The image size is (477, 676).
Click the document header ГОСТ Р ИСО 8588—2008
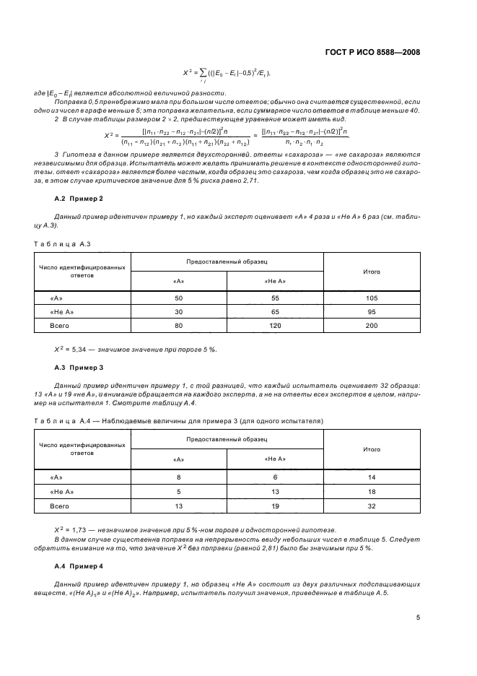click(373, 53)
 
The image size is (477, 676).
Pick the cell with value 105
click(371, 298)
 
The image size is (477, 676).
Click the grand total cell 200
click(371, 326)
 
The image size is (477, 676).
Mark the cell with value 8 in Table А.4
click(179, 477)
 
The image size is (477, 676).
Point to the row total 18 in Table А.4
click(371, 492)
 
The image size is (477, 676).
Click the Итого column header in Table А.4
click(371, 448)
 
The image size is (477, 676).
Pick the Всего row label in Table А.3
click(60, 326)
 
